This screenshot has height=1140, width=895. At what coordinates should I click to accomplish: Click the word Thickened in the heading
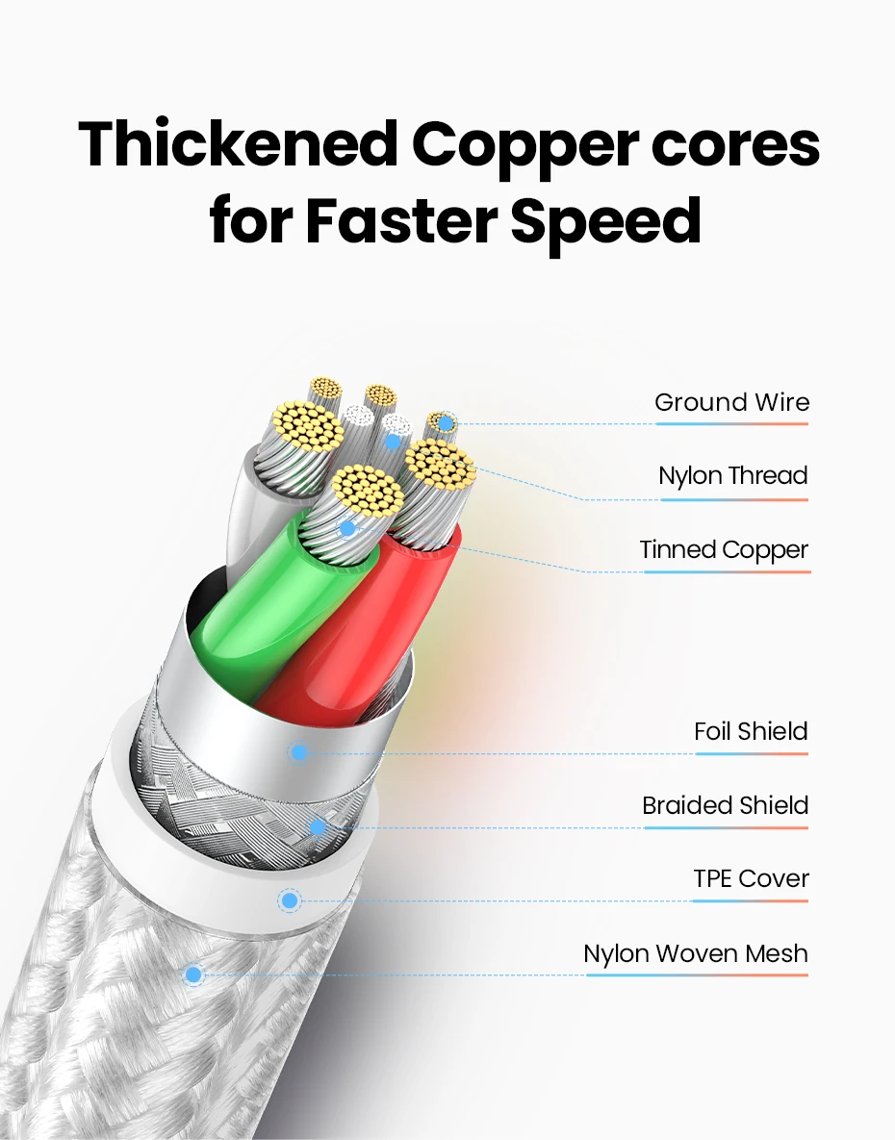tap(237, 144)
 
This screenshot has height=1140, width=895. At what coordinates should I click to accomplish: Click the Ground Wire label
tap(731, 402)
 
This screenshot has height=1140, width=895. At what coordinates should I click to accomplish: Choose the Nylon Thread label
tap(732, 475)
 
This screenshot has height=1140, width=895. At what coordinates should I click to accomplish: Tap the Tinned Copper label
tap(724, 549)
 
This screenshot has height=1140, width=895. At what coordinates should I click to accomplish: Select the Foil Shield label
tap(751, 731)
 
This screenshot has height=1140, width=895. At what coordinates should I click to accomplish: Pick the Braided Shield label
tap(725, 805)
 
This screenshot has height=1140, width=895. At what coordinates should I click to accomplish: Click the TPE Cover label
tap(751, 878)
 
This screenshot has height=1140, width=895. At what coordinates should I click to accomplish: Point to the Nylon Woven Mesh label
tap(695, 953)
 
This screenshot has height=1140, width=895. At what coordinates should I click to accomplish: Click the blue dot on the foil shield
tap(299, 752)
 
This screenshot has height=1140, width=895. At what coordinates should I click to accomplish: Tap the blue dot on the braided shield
tap(318, 826)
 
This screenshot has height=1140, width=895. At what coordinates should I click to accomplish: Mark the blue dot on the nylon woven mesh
tap(193, 975)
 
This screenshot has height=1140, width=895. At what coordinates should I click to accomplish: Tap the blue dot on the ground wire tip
tap(446, 423)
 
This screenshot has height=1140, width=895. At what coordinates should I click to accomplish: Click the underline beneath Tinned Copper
tap(727, 572)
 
